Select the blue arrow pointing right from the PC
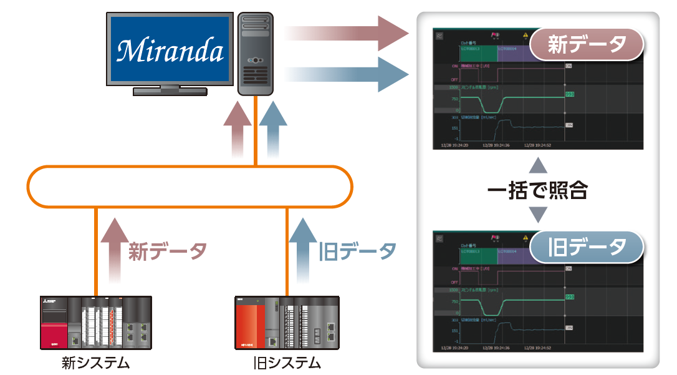coord(349,74)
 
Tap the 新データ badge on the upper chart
coord(586,44)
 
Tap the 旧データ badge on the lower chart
coord(586,246)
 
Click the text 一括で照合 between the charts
coord(537,191)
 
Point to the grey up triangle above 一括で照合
coord(537,165)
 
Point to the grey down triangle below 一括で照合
coord(537,215)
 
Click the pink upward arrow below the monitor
coord(237,128)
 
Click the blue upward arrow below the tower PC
coord(273,128)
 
